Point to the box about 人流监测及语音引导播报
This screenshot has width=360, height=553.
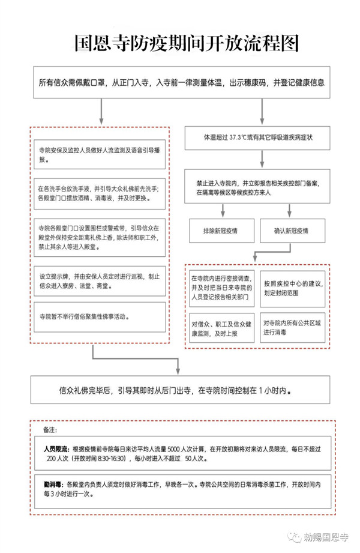coord(99,154)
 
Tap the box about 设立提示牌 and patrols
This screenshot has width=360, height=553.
coord(99,280)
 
